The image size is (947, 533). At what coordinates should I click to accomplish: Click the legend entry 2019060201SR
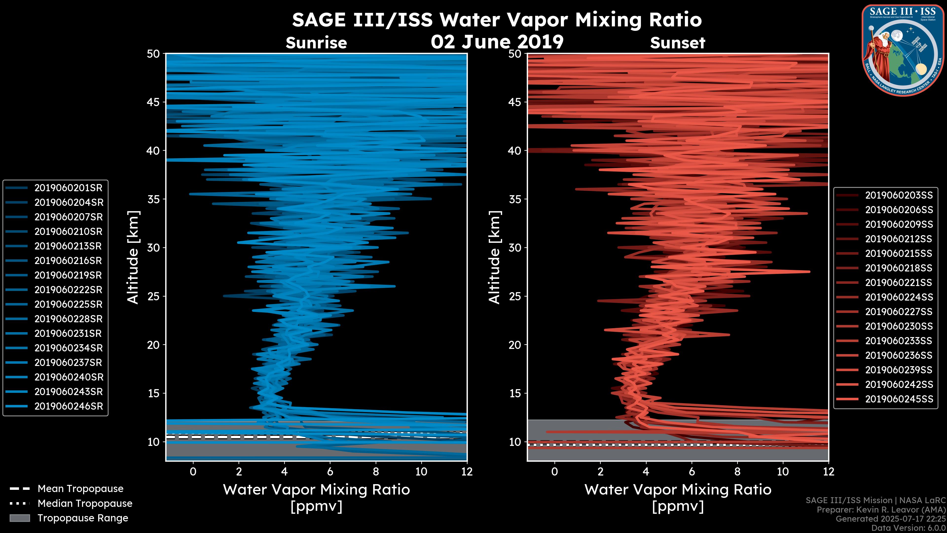(68, 188)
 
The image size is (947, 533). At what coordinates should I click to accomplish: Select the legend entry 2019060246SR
(68, 406)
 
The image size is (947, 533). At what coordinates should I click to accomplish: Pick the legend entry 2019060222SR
(68, 290)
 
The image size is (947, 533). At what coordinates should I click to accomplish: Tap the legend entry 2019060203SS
(898, 195)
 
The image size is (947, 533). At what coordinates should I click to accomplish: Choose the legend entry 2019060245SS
(898, 399)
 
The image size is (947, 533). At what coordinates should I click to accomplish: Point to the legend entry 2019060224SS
(898, 297)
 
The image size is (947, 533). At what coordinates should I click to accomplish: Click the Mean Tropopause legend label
(80, 489)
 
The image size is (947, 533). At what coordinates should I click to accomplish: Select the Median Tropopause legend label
(85, 504)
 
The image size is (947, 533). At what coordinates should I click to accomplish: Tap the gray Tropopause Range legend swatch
(19, 518)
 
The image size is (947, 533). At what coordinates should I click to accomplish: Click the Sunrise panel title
(316, 43)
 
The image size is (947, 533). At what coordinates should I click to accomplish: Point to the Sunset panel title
(677, 43)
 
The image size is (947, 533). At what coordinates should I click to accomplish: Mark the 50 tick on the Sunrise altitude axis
(153, 54)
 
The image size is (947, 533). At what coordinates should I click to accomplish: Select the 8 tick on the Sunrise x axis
(376, 472)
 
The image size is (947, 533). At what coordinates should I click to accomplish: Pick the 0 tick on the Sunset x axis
(555, 472)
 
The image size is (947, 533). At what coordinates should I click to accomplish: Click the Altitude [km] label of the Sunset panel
(494, 257)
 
